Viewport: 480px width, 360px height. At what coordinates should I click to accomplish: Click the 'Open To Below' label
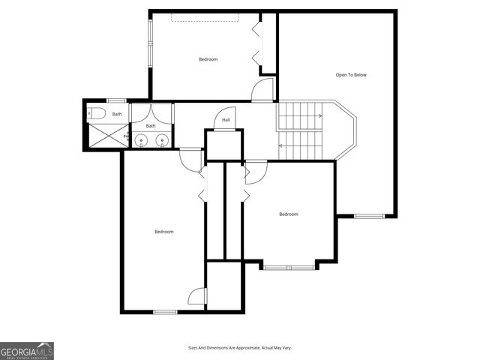[x=350, y=75]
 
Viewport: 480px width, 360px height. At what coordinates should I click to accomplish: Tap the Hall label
[x=226, y=120]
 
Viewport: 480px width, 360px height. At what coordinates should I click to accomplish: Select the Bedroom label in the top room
[x=208, y=59]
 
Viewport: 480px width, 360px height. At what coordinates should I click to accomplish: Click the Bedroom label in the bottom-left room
[x=164, y=232]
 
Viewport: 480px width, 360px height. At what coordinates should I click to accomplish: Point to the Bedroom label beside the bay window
[x=289, y=214]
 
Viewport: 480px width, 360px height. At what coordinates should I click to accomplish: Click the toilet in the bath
[x=95, y=115]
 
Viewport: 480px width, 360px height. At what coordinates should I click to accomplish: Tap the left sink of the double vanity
[x=142, y=139]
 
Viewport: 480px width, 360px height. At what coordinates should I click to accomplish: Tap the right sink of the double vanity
[x=161, y=139]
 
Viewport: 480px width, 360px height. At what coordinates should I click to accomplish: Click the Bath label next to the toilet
[x=117, y=114]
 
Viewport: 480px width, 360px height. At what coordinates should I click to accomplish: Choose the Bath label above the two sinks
[x=151, y=126]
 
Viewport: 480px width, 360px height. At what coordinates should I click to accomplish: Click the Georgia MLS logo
[x=27, y=350]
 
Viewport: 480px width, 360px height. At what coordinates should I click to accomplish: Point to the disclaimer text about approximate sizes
[x=239, y=348]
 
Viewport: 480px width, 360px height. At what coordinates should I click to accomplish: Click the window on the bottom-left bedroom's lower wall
[x=165, y=311]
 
